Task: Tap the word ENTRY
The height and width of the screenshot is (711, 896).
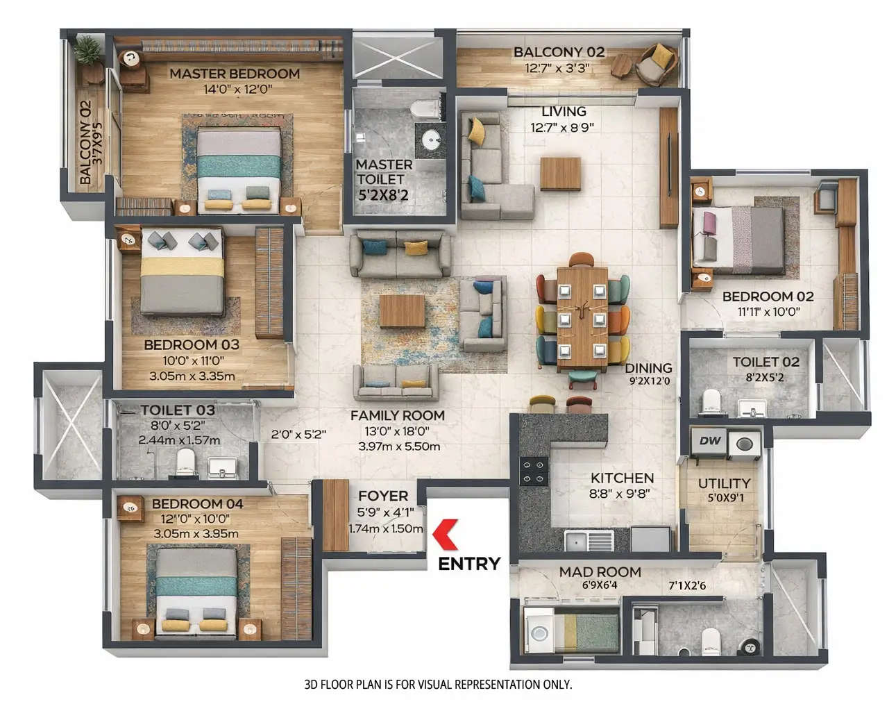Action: coord(469,563)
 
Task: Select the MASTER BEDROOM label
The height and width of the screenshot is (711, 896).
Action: coord(235,74)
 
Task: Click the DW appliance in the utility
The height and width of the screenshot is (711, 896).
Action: coord(709,441)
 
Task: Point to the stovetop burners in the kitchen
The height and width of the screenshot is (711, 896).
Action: coord(534,471)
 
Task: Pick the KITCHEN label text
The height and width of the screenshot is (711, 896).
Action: coord(622,478)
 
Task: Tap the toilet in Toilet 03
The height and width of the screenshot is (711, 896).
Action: coord(185,461)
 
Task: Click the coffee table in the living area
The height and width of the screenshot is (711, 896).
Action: coord(560,173)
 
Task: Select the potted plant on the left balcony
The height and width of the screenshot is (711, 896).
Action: coord(87,50)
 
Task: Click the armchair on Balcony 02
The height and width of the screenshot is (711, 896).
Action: coord(655,63)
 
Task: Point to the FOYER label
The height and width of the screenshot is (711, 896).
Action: coord(382,496)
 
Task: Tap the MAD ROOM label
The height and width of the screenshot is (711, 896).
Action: coord(600,572)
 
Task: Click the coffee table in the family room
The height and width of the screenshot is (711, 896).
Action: coord(402,310)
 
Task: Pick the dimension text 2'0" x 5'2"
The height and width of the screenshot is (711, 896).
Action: coord(298,434)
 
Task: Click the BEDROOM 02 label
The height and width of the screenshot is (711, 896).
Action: coord(768,296)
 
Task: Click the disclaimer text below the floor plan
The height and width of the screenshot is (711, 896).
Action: coord(438,684)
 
